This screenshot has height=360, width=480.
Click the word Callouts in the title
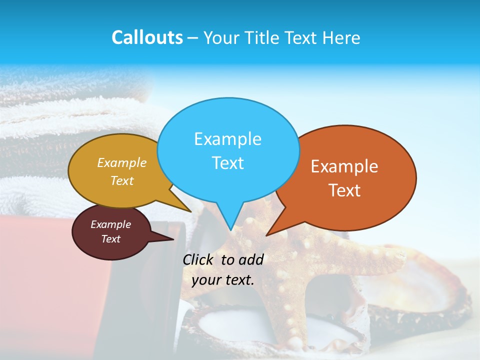click(147, 37)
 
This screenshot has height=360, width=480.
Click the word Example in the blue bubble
click(227, 139)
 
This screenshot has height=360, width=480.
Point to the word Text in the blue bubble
click(227, 162)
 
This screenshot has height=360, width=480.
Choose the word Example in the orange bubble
click(344, 166)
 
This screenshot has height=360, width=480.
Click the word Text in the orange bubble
click(344, 190)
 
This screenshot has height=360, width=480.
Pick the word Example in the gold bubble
click(122, 163)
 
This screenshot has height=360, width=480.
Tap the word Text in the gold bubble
click(122, 180)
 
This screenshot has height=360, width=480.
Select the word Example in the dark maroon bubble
click(110, 224)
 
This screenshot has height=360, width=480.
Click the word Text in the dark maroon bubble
click(110, 239)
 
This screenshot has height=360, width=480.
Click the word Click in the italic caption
click(198, 259)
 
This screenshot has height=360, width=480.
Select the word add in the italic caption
click(251, 259)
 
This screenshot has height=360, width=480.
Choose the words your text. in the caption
click(223, 280)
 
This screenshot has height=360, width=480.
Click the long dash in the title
click(193, 38)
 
